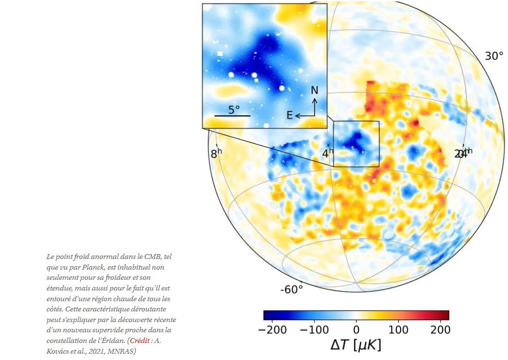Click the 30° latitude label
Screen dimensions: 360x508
[494, 56]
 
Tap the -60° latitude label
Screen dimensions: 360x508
[292, 290]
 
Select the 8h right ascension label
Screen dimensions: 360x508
[216, 154]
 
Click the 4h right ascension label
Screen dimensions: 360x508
[328, 154]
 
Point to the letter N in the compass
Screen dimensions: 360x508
[315, 90]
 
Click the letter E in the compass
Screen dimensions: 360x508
[290, 115]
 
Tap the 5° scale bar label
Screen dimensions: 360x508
[234, 109]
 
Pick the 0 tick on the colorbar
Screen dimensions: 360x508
[356, 329]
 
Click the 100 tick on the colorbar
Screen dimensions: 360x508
[398, 329]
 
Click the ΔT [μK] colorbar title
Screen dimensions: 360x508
[356, 346]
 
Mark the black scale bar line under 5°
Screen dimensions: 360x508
[232, 116]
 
